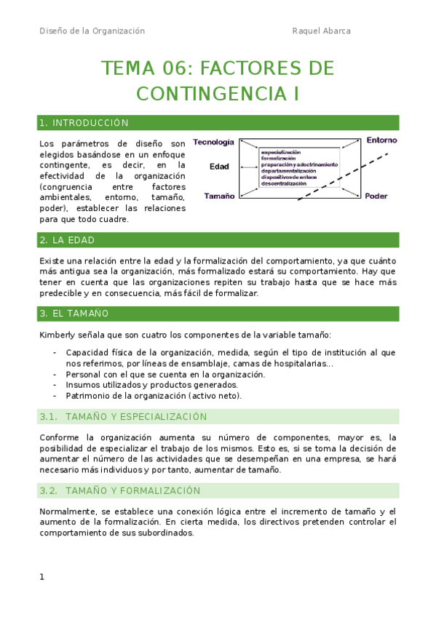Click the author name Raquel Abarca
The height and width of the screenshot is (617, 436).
pyautogui.click(x=321, y=31)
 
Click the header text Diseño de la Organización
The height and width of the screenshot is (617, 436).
pyautogui.click(x=92, y=31)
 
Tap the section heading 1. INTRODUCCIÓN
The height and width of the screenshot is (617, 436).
pyautogui.click(x=84, y=123)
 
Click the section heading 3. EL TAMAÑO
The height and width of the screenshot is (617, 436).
pyautogui.click(x=74, y=314)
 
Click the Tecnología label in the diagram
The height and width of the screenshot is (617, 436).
pyautogui.click(x=213, y=143)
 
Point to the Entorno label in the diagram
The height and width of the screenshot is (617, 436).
pyautogui.click(x=381, y=140)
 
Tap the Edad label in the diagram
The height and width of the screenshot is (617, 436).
pyautogui.click(x=219, y=167)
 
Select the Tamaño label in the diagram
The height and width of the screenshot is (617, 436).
pyautogui.click(x=219, y=196)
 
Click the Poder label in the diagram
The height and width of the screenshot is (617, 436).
pyautogui.click(x=376, y=196)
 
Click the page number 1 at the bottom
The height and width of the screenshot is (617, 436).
pyautogui.click(x=42, y=577)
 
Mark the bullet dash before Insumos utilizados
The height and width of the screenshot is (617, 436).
pyautogui.click(x=56, y=385)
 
